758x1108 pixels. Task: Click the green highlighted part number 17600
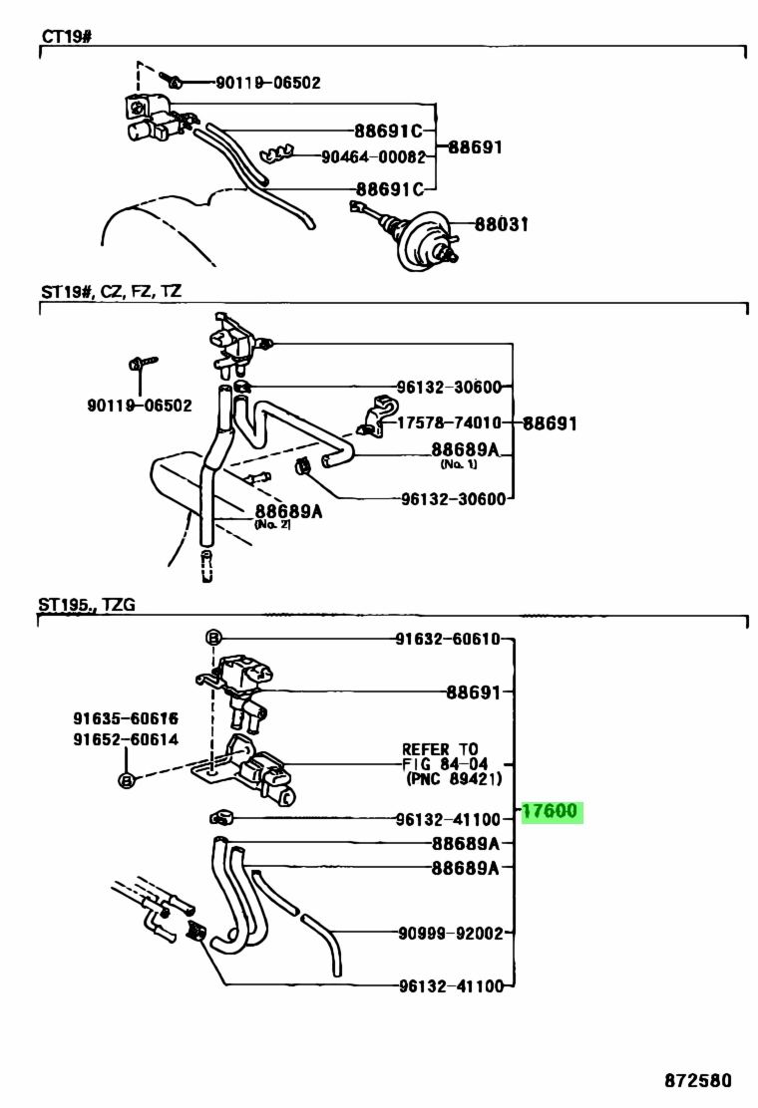click(551, 811)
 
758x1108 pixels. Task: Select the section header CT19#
click(67, 35)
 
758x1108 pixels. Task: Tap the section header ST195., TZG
click(86, 605)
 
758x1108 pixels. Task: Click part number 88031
click(502, 224)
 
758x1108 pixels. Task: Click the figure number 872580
click(698, 1080)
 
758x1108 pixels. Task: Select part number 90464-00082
click(373, 156)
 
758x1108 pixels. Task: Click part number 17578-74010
click(449, 422)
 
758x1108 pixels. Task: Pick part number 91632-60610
click(448, 639)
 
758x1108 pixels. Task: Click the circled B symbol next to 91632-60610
click(212, 638)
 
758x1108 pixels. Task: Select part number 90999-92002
click(451, 934)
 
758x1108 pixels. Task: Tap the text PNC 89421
click(454, 779)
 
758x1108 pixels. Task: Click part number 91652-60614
click(126, 740)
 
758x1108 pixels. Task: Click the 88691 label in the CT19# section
click(475, 147)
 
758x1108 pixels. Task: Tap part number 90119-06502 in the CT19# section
click(268, 83)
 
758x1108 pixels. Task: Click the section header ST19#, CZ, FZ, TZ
click(111, 290)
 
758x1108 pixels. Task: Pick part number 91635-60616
click(126, 718)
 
